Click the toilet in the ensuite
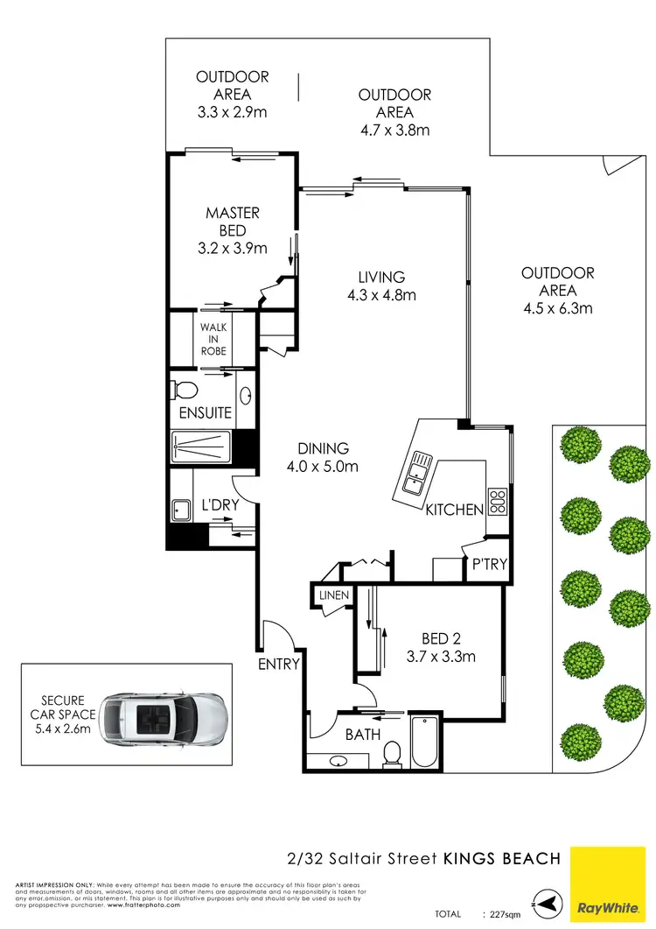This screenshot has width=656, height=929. pyautogui.click(x=183, y=390)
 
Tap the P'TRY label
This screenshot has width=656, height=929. pyautogui.click(x=489, y=565)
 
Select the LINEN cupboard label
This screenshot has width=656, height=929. pyautogui.click(x=334, y=595)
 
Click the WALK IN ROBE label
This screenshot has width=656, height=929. pyautogui.click(x=213, y=339)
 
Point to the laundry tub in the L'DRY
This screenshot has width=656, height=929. pyautogui.click(x=183, y=510)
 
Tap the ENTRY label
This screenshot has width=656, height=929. pyautogui.click(x=278, y=664)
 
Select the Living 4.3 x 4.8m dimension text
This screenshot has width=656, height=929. pyautogui.click(x=381, y=295)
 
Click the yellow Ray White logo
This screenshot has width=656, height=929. pyautogui.click(x=611, y=887)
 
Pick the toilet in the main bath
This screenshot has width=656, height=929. pyautogui.click(x=393, y=752)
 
